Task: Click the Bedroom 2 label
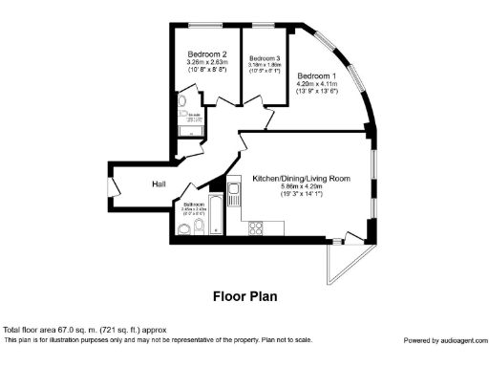pyautogui.click(x=207, y=54)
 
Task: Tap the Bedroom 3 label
pyautogui.click(x=265, y=58)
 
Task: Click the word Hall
pyautogui.click(x=159, y=184)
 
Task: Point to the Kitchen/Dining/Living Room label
pyautogui.click(x=300, y=179)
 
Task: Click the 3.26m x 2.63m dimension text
pyautogui.click(x=207, y=63)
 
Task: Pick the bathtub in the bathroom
pyautogui.click(x=217, y=216)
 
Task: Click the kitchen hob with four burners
pyautogui.click(x=256, y=227)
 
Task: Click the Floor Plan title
pyautogui.click(x=244, y=296)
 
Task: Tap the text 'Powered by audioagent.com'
pyautogui.click(x=444, y=340)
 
